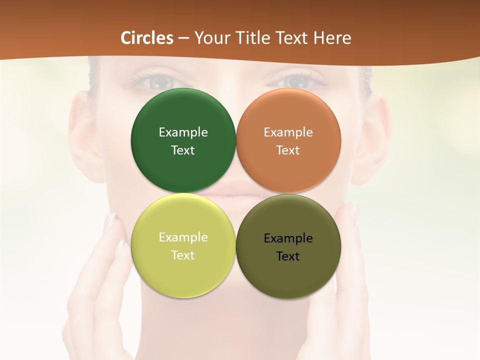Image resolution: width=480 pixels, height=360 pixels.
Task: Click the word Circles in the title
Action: click(147, 38)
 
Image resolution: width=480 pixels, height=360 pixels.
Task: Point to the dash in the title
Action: click(184, 38)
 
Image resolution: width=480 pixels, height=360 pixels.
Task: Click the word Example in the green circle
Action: click(183, 132)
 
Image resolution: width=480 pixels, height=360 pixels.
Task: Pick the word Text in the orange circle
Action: click(288, 150)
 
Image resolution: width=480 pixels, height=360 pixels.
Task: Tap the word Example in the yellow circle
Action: click(183, 237)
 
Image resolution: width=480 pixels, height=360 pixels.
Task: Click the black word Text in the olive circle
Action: click(288, 256)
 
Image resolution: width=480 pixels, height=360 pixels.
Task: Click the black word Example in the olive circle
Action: click(288, 238)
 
